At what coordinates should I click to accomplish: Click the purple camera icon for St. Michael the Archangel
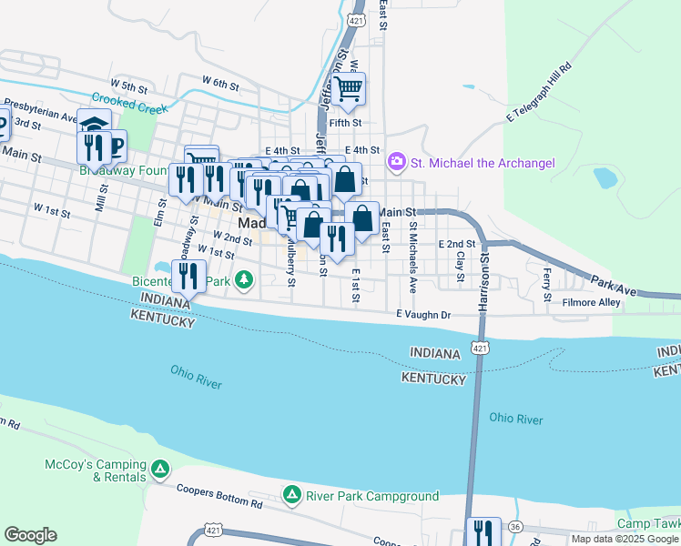[x=397, y=163]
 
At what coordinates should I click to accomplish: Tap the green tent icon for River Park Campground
[x=292, y=496]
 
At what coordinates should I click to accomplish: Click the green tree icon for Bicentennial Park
[x=243, y=279]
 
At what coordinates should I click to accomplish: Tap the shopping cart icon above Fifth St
[x=348, y=89]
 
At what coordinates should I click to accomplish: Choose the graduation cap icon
[x=94, y=124]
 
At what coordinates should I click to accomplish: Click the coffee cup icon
[x=113, y=145]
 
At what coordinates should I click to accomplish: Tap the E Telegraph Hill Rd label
[x=538, y=94]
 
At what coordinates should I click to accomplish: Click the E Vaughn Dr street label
[x=423, y=314]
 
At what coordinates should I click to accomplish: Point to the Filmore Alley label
[x=591, y=302]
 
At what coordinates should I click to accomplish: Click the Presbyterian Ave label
[x=40, y=109]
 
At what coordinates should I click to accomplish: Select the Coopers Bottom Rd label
[x=219, y=498]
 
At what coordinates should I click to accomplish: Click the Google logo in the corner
[x=30, y=535]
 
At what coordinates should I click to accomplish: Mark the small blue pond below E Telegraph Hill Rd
[x=605, y=177]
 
